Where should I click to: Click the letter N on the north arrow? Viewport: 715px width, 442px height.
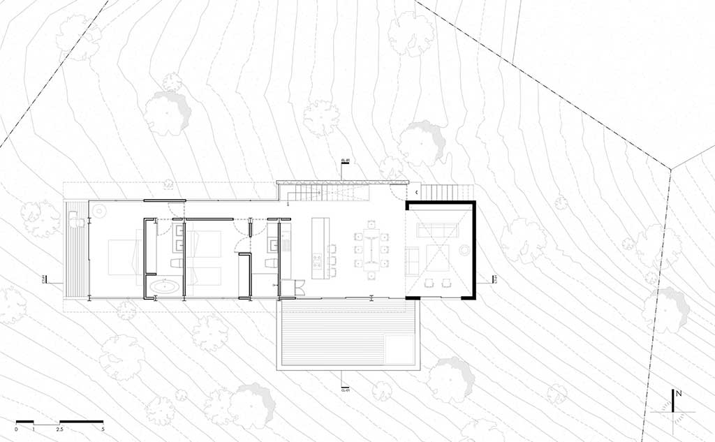(x=678, y=395)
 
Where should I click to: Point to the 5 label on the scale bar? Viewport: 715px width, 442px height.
(x=103, y=428)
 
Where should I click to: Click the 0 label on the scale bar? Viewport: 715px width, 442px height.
(x=16, y=428)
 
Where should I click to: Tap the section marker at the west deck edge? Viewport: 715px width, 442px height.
(x=45, y=280)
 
